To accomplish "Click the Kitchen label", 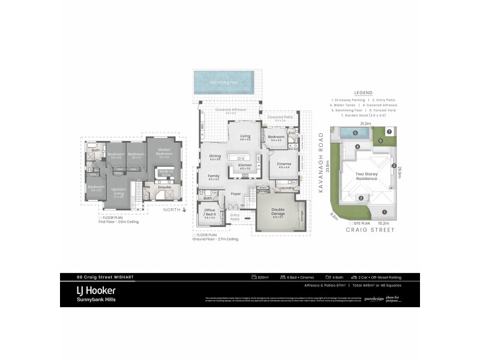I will [x=245, y=166].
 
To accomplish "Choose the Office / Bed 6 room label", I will [x=209, y=213].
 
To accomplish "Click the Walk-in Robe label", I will [x=166, y=173].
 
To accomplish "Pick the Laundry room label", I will [x=286, y=188].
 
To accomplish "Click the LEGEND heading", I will [x=363, y=93].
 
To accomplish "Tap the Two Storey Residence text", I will [x=357, y=176].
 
